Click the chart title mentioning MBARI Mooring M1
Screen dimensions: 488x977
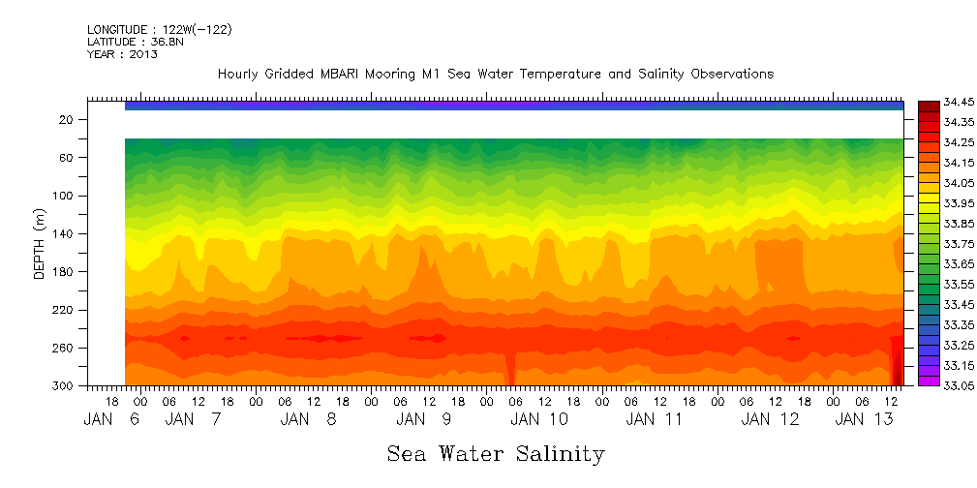496,74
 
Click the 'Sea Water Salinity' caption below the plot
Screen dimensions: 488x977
496,453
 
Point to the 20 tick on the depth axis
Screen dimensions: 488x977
68,119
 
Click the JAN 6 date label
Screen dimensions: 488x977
114,419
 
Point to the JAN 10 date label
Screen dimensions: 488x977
539,419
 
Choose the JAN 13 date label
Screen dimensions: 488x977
864,419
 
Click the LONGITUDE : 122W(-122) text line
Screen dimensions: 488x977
159,29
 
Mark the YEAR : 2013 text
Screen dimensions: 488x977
122,54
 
